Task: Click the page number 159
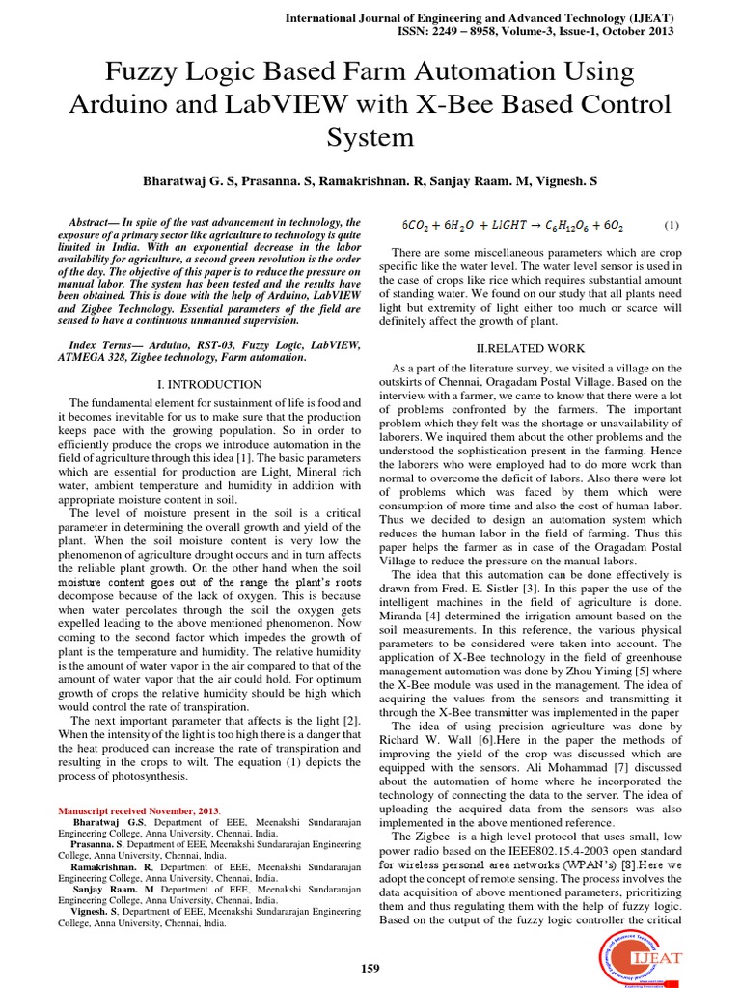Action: [x=370, y=968]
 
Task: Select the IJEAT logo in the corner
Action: [x=628, y=956]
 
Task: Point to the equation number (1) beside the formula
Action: [x=672, y=225]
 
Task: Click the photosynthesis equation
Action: [x=512, y=225]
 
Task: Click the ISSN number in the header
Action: [x=539, y=31]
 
